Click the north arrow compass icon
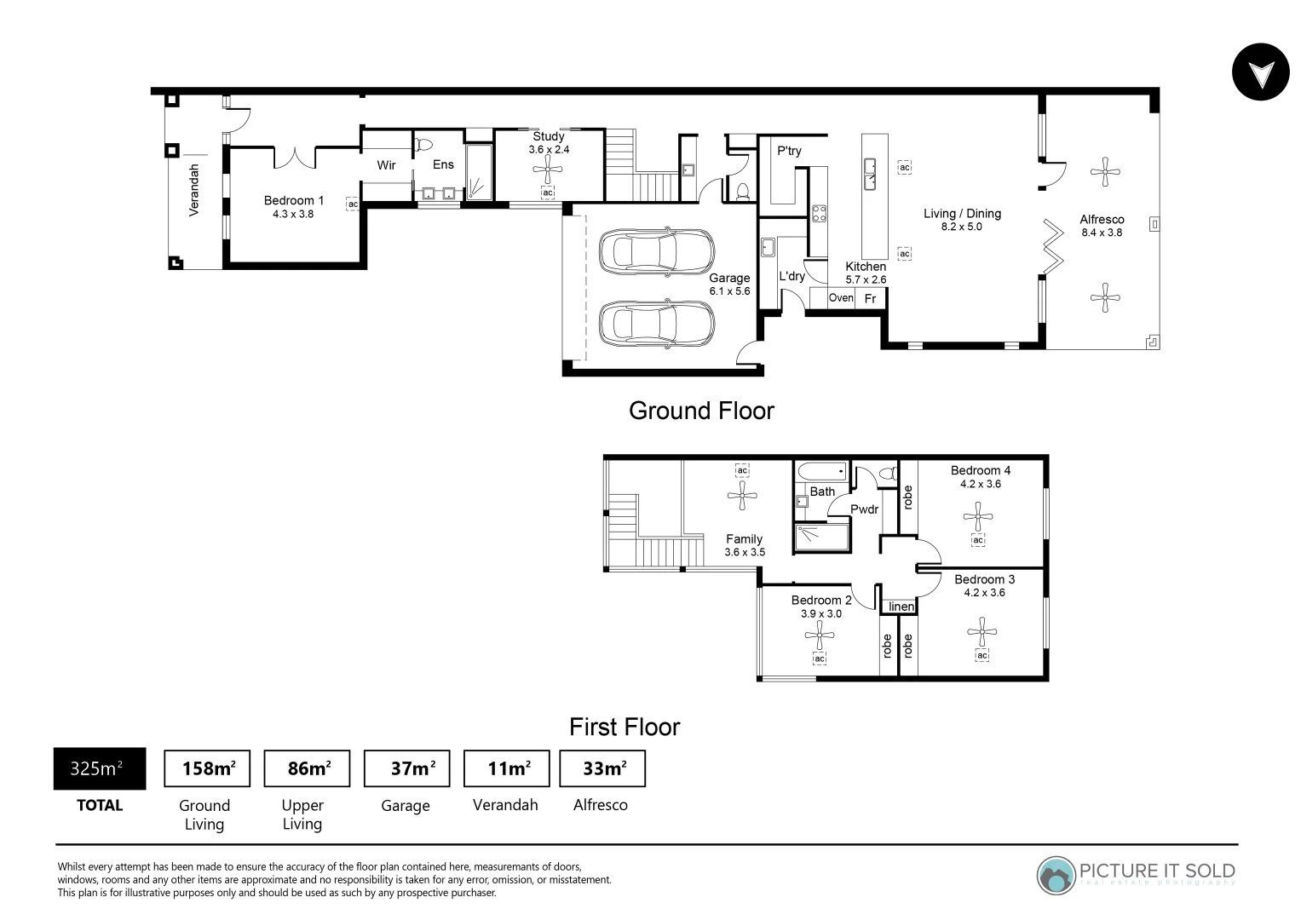pos(1260,72)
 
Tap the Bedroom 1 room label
pos(293,201)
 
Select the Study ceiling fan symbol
pos(548,169)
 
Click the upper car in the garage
pos(656,251)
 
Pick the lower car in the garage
pos(656,323)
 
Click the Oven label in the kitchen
pos(840,298)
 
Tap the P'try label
pos(789,152)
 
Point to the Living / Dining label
pos(962,214)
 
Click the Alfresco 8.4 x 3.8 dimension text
pos(1102,233)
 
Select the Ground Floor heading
pos(701,411)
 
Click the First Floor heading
pos(625,727)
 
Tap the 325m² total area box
pos(100,768)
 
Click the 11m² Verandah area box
pos(506,768)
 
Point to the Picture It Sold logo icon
pos(1056,876)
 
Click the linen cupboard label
pos(901,607)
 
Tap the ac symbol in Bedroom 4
pos(978,540)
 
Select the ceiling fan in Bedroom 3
pos(982,632)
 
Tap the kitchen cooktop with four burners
pos(819,213)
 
